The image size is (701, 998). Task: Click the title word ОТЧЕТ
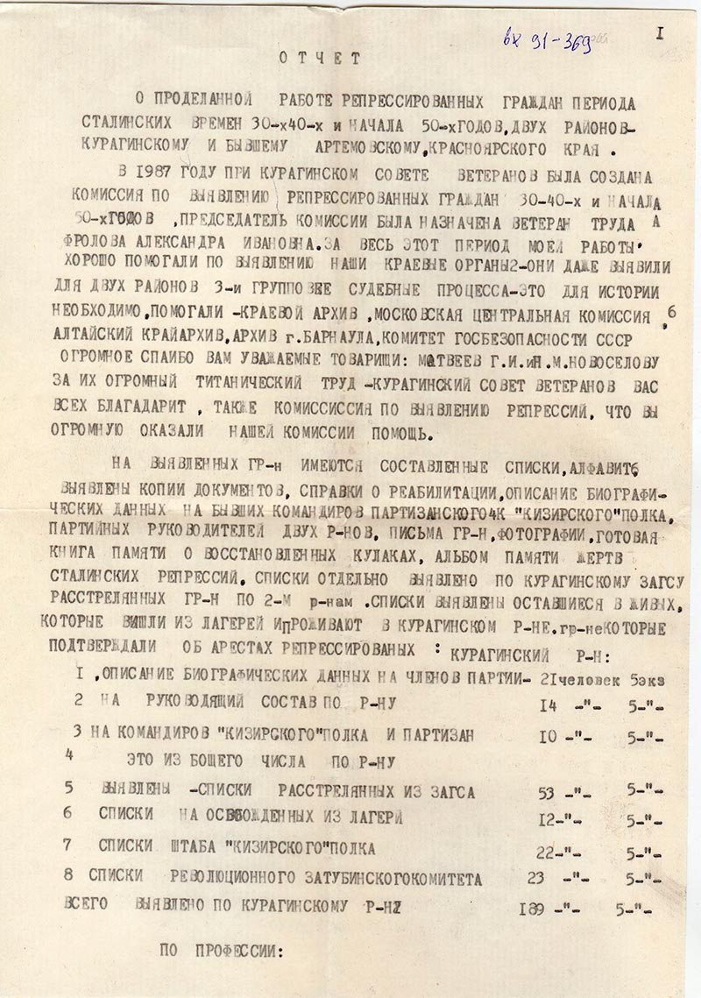pos(320,59)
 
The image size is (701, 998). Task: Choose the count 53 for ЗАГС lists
pos(546,793)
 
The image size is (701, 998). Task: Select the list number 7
pos(67,846)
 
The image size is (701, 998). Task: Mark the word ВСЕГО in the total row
pos(89,905)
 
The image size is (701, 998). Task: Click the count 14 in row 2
pos(549,705)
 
